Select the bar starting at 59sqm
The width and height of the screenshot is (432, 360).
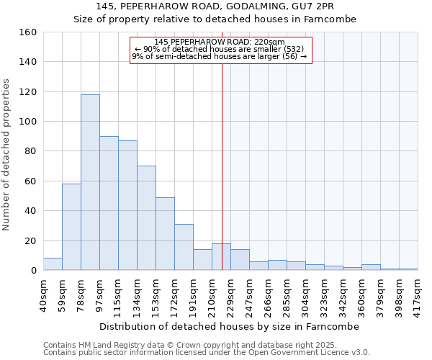coord(71,227)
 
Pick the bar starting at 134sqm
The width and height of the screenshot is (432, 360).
coord(146,218)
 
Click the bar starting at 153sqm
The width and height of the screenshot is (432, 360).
coord(165,234)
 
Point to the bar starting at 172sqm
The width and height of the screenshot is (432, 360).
coord(184,247)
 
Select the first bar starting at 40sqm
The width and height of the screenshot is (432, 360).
coord(53,264)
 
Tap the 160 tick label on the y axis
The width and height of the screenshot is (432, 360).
coord(28,32)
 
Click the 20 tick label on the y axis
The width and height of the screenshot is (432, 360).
coord(31,240)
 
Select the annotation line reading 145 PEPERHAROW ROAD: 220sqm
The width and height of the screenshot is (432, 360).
coord(220,42)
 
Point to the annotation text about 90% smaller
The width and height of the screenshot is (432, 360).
coord(220,49)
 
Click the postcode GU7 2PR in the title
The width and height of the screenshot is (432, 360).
coord(315,6)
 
